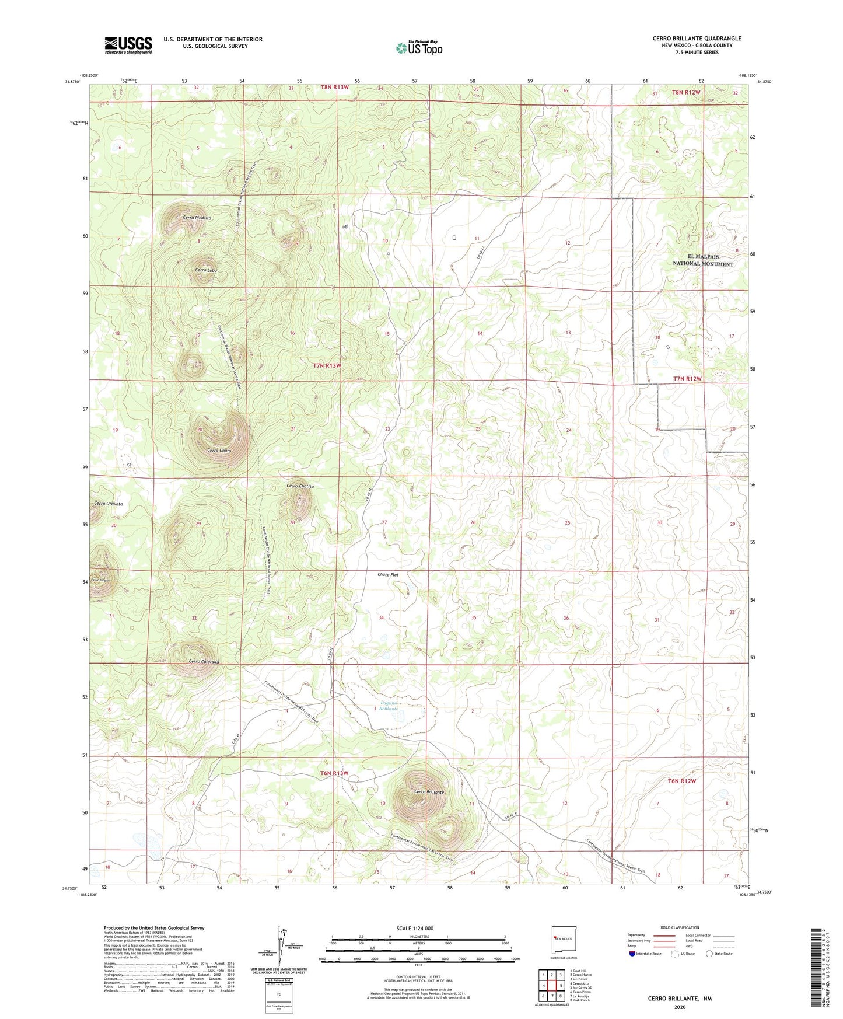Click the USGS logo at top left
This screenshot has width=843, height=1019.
pyautogui.click(x=128, y=44)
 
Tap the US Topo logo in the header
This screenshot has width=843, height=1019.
pyautogui.click(x=419, y=48)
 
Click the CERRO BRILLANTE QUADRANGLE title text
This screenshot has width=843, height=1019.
pyautogui.click(x=697, y=39)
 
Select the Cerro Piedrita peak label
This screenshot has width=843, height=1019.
pyautogui.click(x=197, y=218)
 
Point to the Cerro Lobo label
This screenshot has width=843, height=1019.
pyautogui.click(x=206, y=271)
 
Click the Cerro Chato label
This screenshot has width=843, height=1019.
pyautogui.click(x=219, y=451)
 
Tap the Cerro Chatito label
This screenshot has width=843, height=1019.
pyautogui.click(x=300, y=486)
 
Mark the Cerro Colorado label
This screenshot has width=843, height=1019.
pyautogui.click(x=204, y=662)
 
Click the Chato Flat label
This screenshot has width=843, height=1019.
pyautogui.click(x=388, y=575)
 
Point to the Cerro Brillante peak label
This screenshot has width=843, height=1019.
pyautogui.click(x=429, y=792)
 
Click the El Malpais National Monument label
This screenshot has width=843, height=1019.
pyautogui.click(x=702, y=260)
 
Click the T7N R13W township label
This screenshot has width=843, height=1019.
pyautogui.click(x=327, y=365)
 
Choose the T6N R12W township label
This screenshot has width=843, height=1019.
pyautogui.click(x=682, y=781)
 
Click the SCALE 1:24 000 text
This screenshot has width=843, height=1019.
pyautogui.click(x=414, y=928)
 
